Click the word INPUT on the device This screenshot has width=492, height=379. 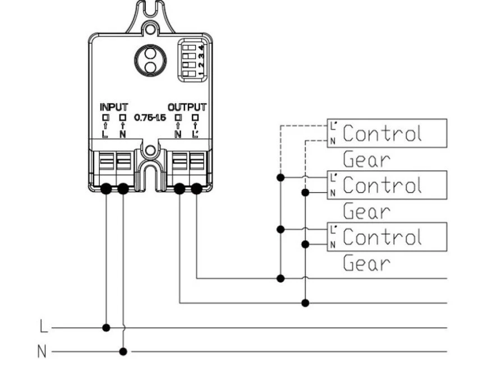click(x=114, y=107)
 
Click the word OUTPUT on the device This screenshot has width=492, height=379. click(x=187, y=107)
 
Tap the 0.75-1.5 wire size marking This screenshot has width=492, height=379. click(x=150, y=117)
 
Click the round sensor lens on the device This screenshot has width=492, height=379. click(x=150, y=60)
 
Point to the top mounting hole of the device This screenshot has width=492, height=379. click(x=150, y=29)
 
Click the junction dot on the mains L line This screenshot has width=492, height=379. click(x=106, y=328)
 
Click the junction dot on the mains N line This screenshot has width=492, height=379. click(x=123, y=351)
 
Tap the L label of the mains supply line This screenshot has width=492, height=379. click(x=44, y=326)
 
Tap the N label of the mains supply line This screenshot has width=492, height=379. click(x=42, y=351)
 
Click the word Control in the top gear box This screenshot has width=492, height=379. click(x=382, y=133)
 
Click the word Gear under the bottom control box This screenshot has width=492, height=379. click(x=367, y=263)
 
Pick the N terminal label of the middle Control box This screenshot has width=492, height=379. click(x=333, y=193)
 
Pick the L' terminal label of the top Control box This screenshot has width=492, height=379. click(x=333, y=126)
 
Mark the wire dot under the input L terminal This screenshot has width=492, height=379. click(x=106, y=189)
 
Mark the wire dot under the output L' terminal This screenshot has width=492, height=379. click(x=196, y=189)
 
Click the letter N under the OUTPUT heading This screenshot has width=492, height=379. click(x=178, y=134)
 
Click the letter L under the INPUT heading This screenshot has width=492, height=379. click(x=105, y=134)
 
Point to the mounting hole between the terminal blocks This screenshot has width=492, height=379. click(x=150, y=150)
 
